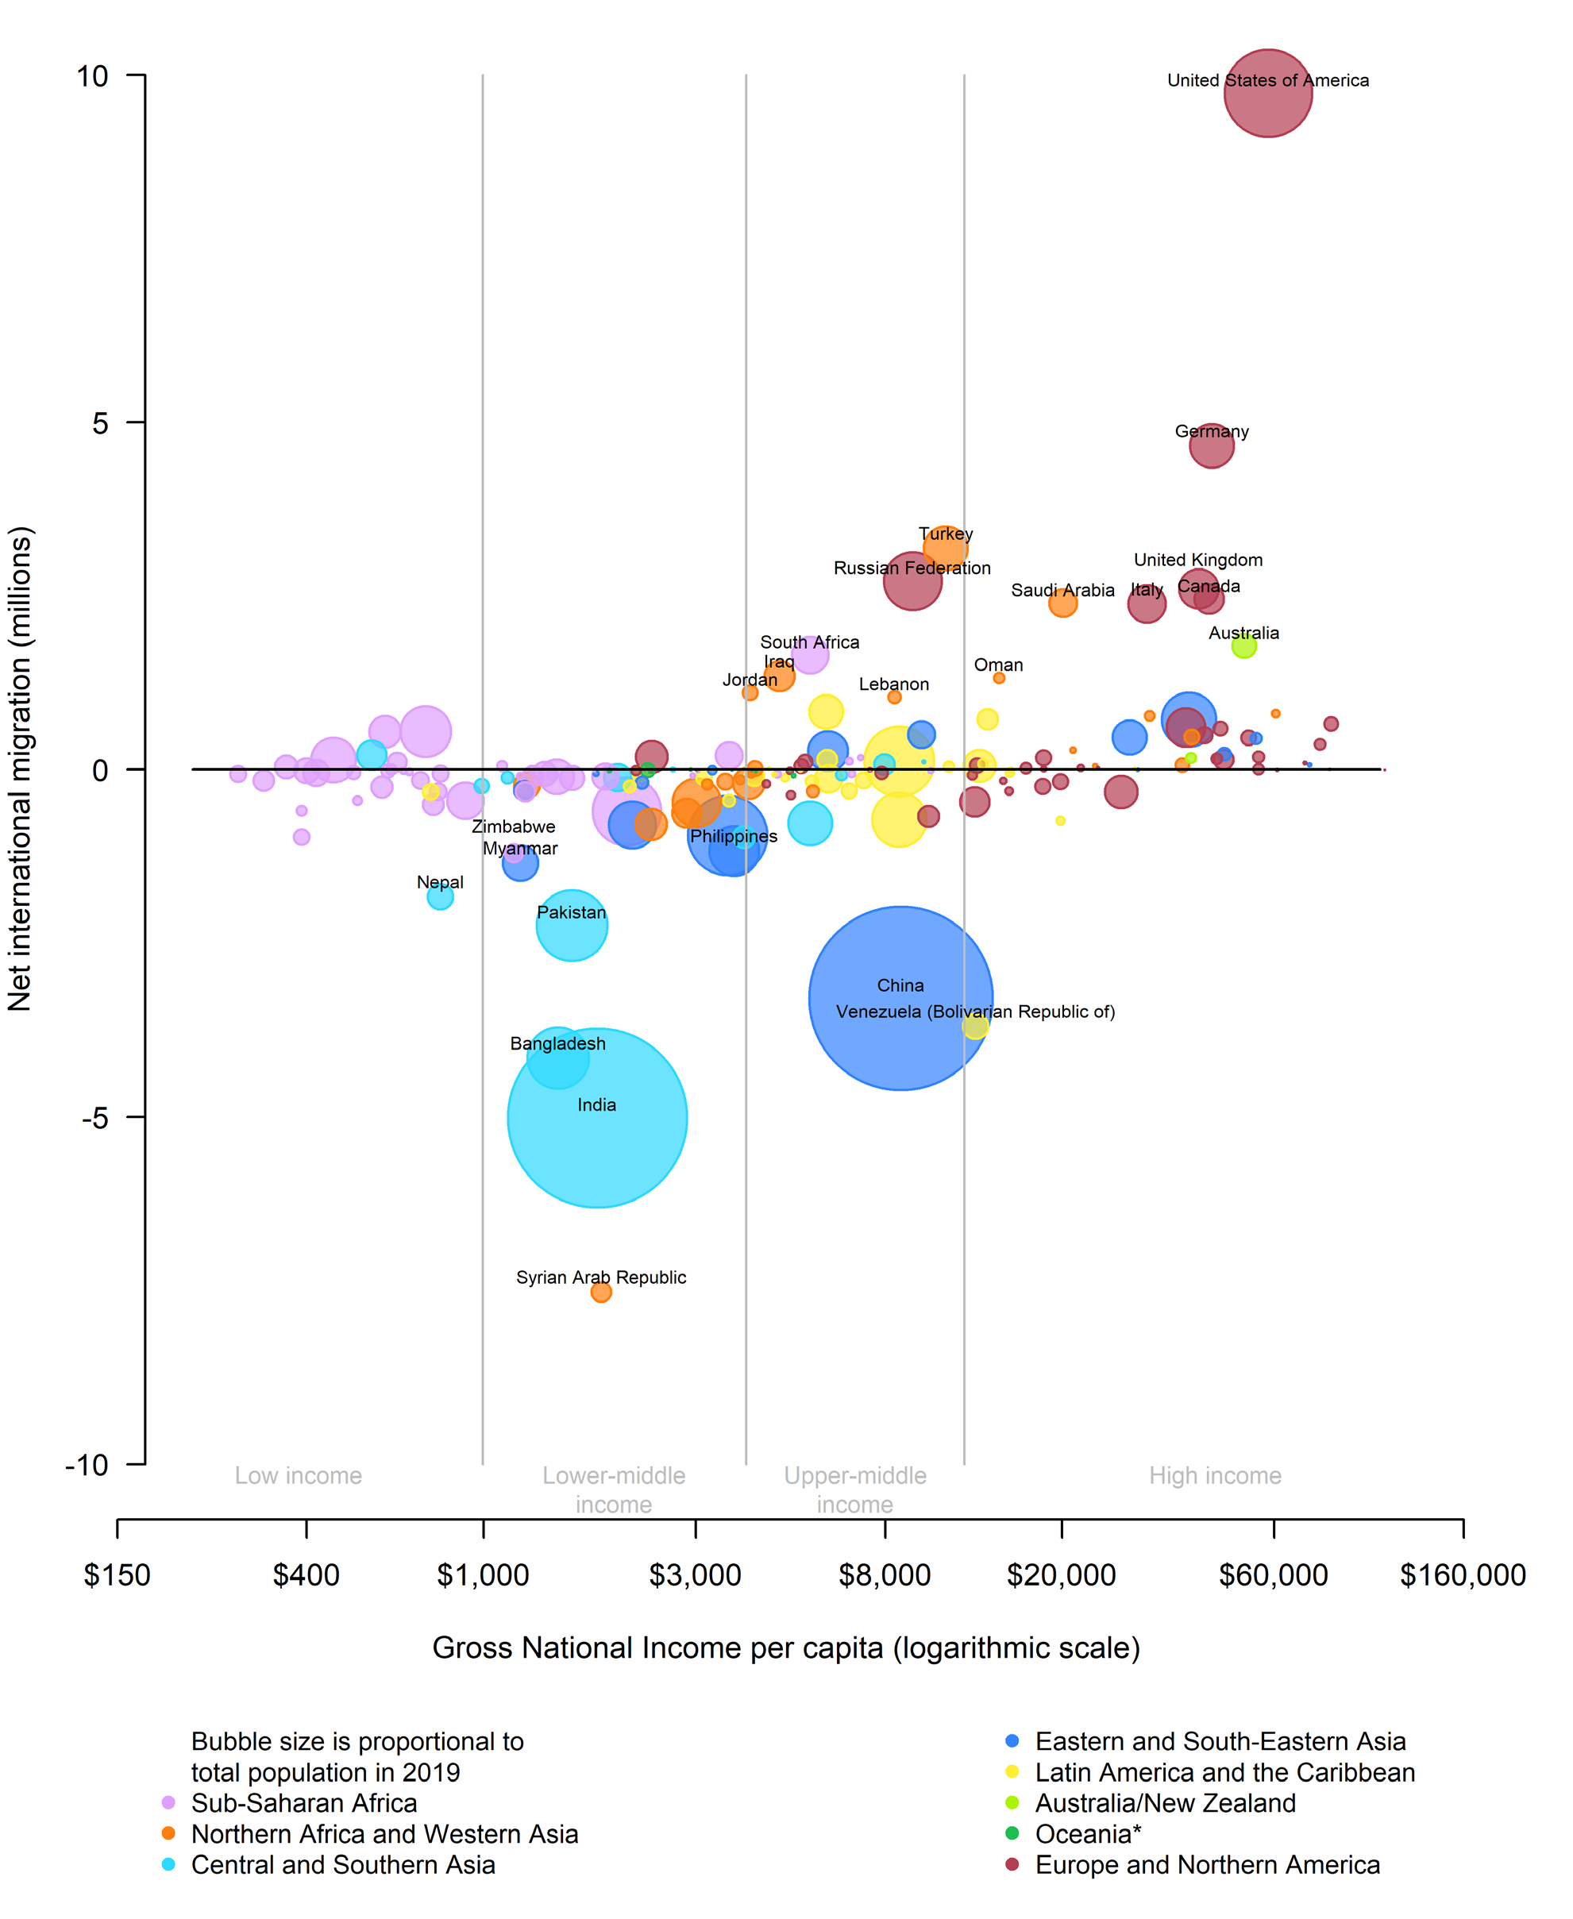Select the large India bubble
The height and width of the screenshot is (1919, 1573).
(597, 1117)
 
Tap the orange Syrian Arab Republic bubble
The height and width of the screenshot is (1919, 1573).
(601, 1292)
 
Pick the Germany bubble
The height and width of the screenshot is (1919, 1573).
(1212, 445)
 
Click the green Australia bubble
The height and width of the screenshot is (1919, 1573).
(1244, 646)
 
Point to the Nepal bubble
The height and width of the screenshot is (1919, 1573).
(441, 897)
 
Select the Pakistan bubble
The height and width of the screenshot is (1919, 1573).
(572, 925)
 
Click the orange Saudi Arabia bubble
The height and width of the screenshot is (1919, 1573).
(1063, 603)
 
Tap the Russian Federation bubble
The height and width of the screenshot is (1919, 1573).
(912, 580)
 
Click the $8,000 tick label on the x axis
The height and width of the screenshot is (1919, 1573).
(885, 1575)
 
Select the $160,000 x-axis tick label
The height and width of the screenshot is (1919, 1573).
(1463, 1575)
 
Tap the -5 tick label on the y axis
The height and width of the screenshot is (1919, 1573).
(94, 1118)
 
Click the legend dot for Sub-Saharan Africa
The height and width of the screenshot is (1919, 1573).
(168, 1802)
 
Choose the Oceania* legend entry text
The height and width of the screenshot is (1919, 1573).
(1087, 1834)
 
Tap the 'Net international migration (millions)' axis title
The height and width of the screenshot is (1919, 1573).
(20, 769)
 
